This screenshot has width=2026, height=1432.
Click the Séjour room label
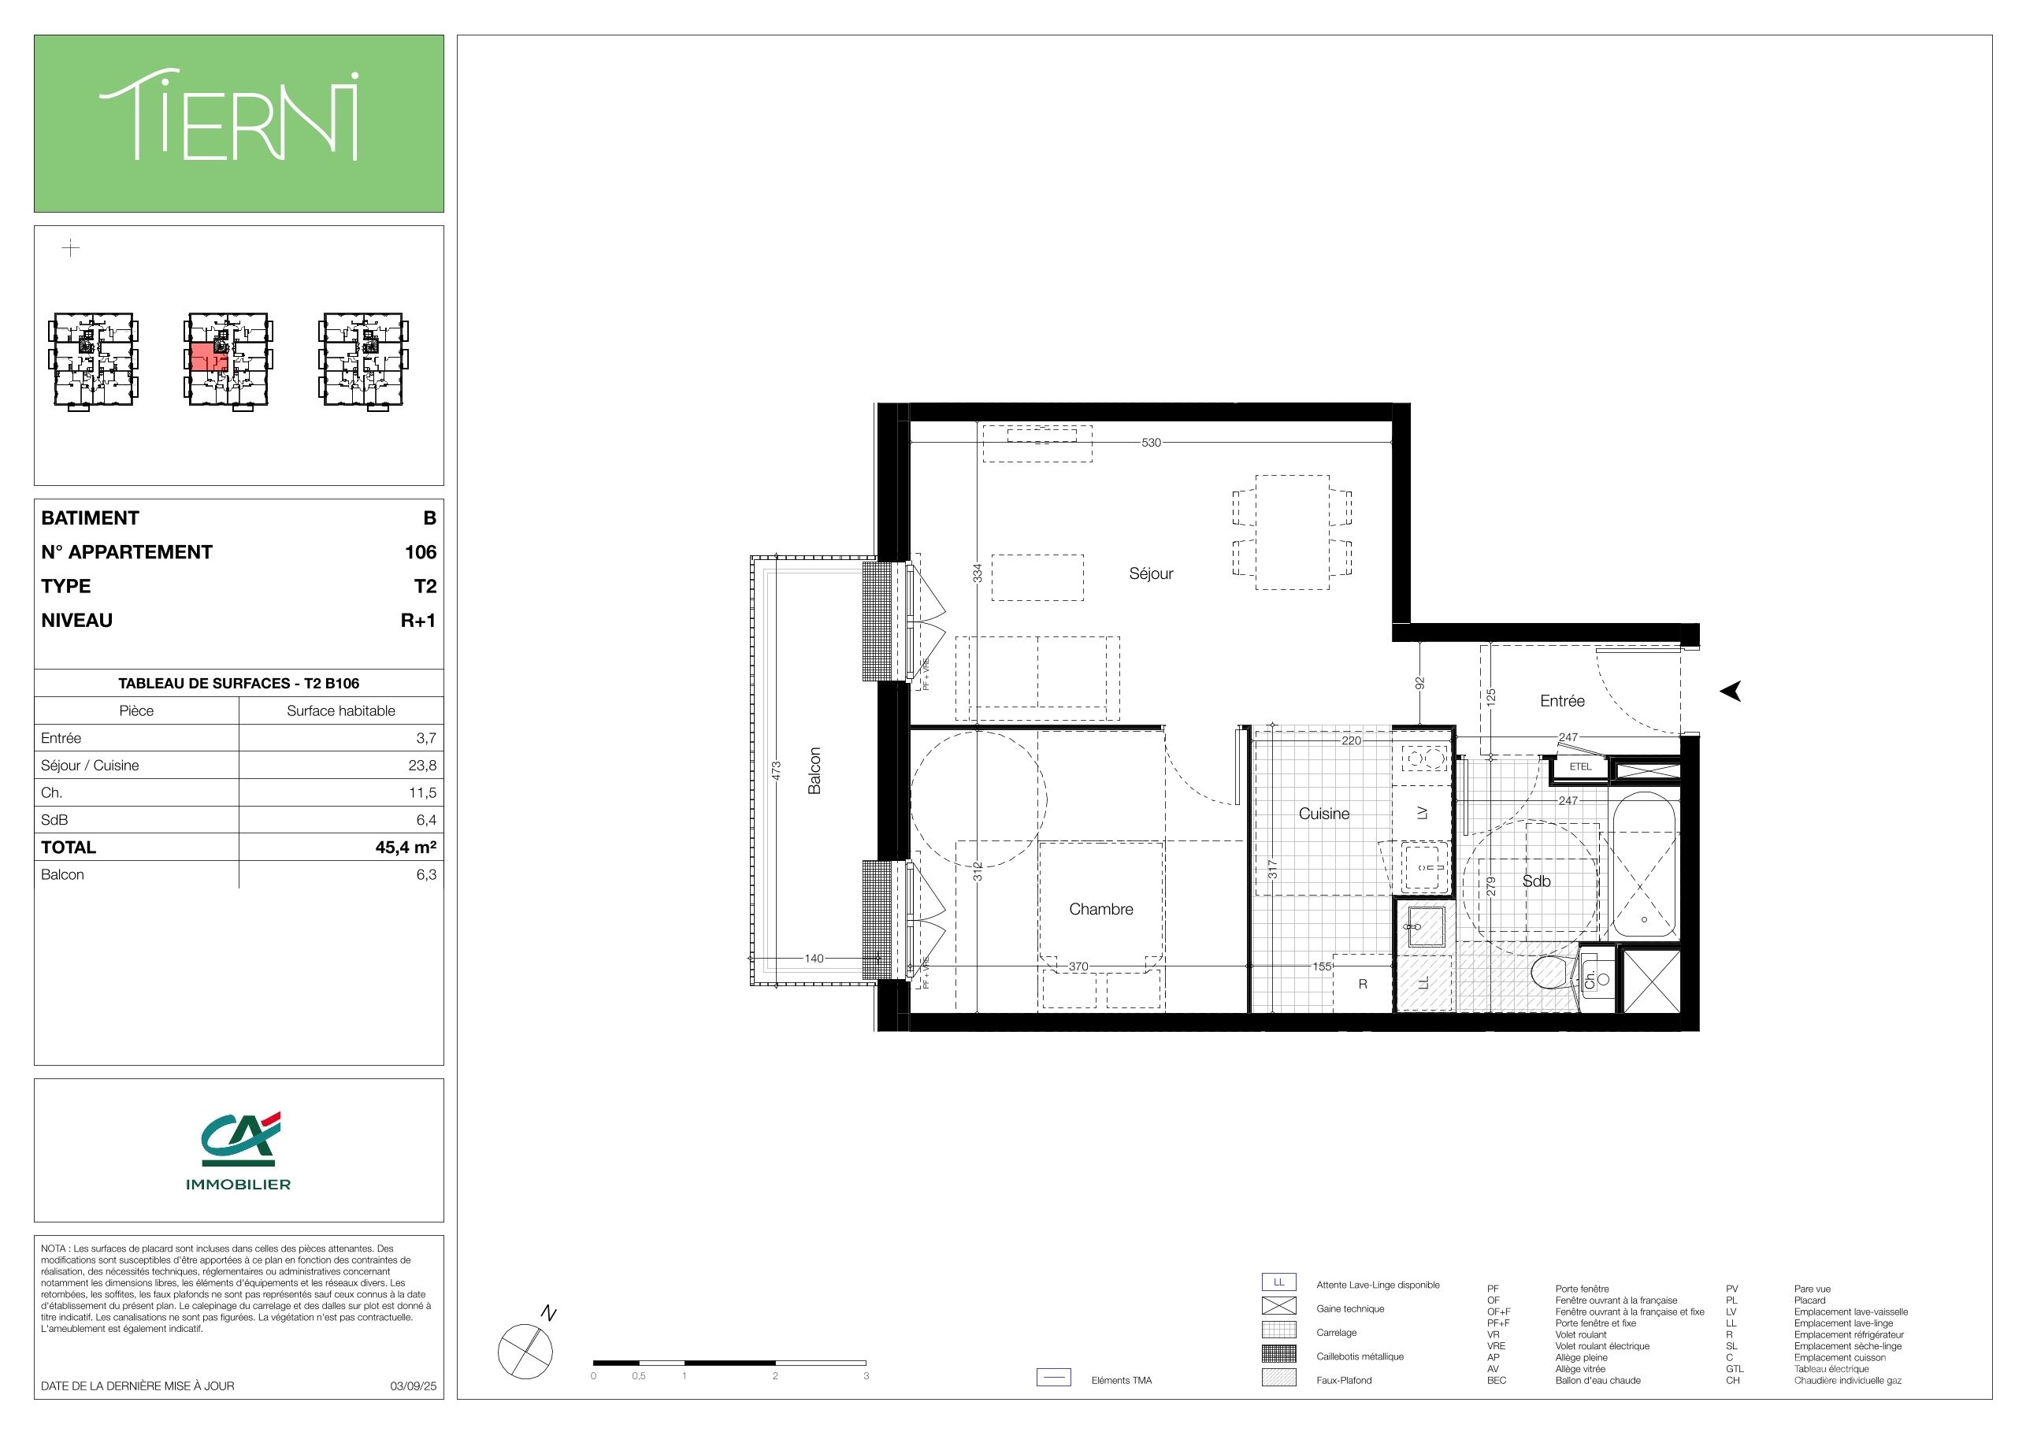coord(1151,573)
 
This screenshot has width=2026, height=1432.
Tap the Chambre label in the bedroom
coord(1100,909)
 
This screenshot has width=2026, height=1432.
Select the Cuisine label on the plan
coord(1323,814)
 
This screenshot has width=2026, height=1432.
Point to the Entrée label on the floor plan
coord(1562,700)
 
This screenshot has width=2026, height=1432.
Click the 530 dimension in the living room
coord(1152,442)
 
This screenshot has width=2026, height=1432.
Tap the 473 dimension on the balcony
coord(777,770)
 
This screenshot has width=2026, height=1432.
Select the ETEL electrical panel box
coord(1580,766)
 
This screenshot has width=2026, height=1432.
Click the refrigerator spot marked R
coord(1363,983)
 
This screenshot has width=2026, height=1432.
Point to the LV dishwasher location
coord(1422,814)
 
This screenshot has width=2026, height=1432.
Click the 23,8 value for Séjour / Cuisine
coord(421,765)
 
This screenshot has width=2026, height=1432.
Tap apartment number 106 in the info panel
coord(420,551)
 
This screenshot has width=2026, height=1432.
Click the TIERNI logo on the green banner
coord(228,118)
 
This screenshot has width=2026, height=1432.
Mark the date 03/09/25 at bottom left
coord(413,1386)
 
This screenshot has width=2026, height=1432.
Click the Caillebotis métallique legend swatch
coord(1278,1352)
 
